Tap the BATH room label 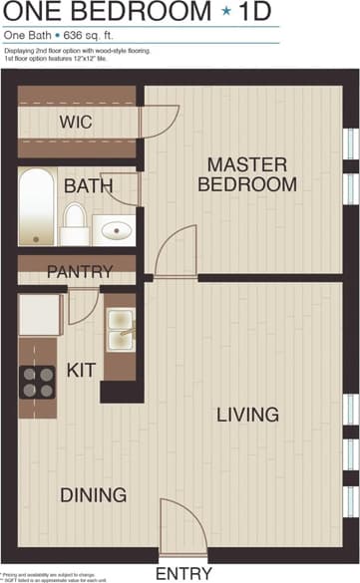click(88, 185)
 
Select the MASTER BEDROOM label click(247, 174)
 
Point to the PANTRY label click(79, 271)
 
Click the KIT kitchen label click(81, 371)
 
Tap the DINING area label click(93, 495)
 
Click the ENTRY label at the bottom click(183, 573)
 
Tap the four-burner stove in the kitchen click(39, 380)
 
